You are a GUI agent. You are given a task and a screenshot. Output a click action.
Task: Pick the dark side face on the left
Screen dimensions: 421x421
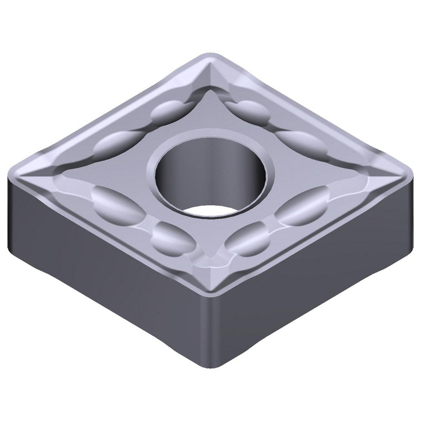pos(105,269)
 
